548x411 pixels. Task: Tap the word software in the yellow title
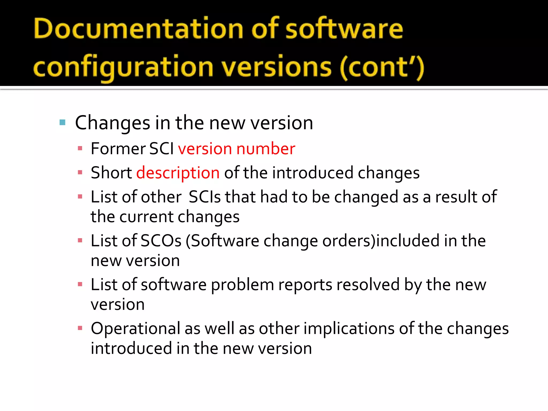344,29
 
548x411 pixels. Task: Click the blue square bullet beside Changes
63,123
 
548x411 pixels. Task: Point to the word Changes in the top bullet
113,123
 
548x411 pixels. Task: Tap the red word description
178,173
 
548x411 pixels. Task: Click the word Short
111,173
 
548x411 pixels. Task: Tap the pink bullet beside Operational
80,328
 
